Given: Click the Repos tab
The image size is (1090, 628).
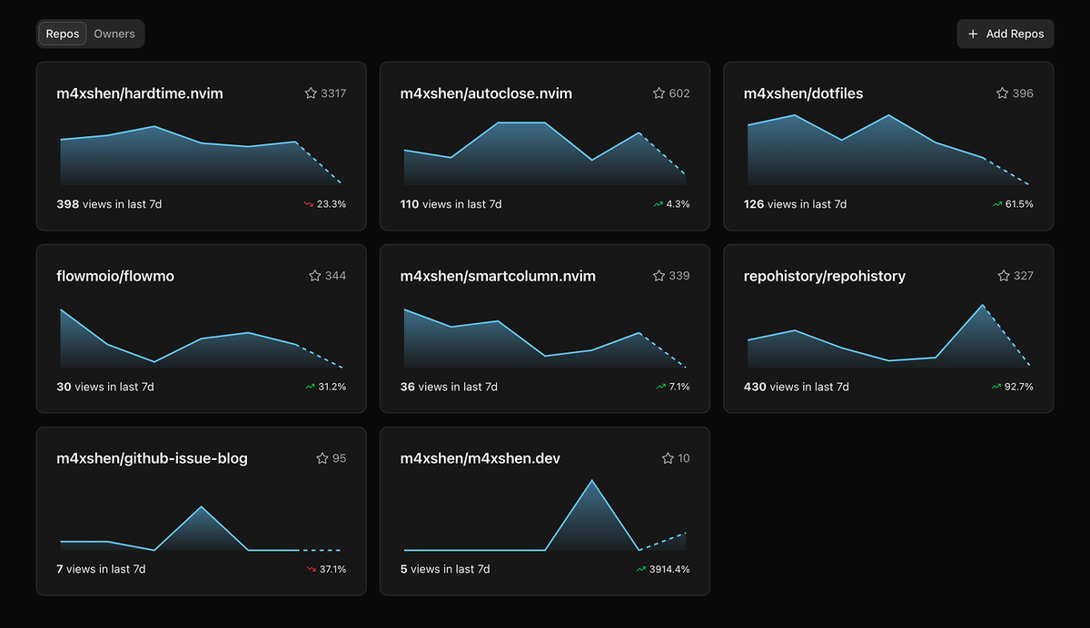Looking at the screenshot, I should click(63, 34).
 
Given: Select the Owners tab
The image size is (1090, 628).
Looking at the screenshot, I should click(114, 34).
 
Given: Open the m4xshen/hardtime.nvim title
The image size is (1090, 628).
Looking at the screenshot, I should click(140, 93).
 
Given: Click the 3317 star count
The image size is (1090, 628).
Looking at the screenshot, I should click(333, 93).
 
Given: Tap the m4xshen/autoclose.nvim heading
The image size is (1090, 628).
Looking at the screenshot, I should click(486, 93).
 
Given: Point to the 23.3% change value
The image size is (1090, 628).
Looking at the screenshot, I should click(332, 205).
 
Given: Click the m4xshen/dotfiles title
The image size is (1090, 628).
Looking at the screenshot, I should click(803, 93).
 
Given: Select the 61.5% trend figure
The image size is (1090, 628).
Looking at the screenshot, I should click(1019, 205).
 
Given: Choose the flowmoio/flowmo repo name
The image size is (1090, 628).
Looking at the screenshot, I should click(115, 276).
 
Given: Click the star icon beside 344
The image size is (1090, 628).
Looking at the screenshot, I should click(315, 276).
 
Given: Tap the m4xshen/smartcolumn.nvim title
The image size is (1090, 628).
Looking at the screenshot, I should click(498, 276).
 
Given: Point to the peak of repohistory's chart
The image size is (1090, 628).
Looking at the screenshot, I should click(983, 306).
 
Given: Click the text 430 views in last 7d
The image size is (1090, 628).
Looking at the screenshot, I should click(796, 387).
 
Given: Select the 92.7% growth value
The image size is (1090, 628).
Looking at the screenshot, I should click(1019, 387).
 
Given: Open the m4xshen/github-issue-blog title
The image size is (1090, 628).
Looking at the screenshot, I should click(152, 458).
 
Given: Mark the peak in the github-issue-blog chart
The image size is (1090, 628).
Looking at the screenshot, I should click(202, 506).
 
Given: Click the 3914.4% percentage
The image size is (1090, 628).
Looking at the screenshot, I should click(669, 569).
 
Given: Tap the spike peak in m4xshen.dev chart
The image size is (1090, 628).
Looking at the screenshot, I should click(592, 480).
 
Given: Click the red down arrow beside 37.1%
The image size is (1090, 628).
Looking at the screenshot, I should click(310, 569).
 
